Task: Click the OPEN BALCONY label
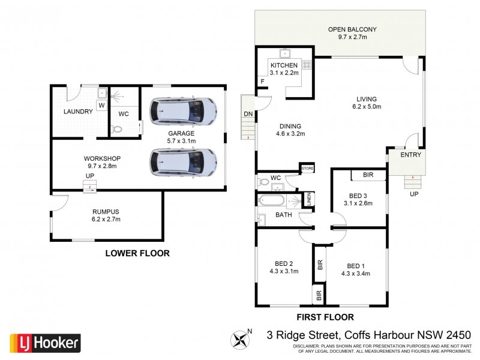352,29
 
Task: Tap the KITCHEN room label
284,65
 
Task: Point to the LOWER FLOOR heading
137,253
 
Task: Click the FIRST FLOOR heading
325,317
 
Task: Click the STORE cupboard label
308,169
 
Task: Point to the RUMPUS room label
106,211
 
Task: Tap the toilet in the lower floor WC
118,128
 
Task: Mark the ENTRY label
411,155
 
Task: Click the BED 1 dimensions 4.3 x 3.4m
355,274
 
